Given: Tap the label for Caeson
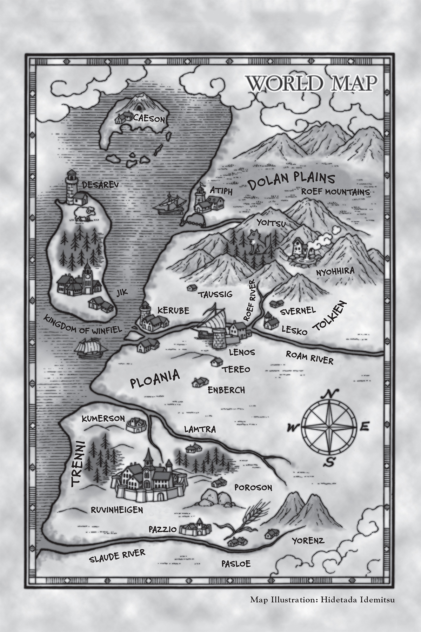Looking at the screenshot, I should coord(149,119).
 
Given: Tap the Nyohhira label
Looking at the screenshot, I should coord(335,271).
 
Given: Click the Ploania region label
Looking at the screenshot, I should coord(155,378).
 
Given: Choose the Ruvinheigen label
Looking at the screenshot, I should coord(117,509).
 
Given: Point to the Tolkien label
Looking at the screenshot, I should coord(330,316).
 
